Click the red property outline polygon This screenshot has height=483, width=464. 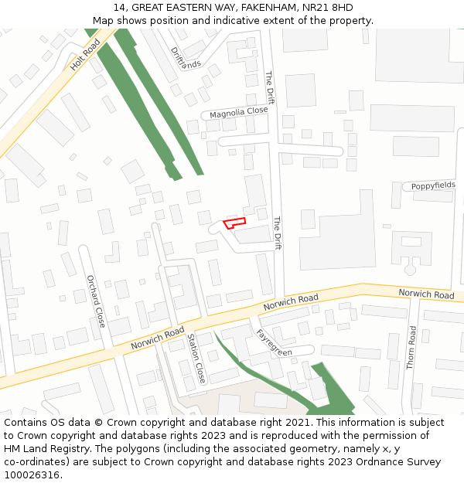[x=234, y=223]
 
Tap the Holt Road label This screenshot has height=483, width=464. [x=85, y=55]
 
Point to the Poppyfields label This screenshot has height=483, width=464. [x=433, y=186]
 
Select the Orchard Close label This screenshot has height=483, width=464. [x=96, y=301]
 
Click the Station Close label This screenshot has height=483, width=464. [x=196, y=359]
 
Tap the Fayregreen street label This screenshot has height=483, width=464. [x=274, y=342]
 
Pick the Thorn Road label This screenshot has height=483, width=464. [x=412, y=347]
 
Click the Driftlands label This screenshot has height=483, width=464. [x=185, y=59]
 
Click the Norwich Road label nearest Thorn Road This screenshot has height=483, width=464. [x=426, y=294]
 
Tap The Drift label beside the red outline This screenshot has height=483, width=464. [x=277, y=233]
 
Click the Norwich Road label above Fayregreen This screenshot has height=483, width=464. [x=291, y=303]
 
